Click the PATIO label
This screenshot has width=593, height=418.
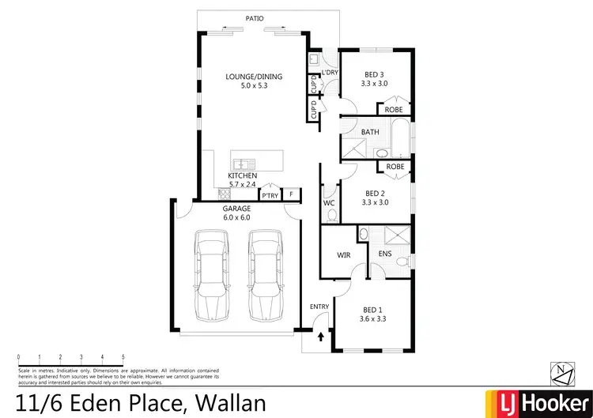[x=254, y=17]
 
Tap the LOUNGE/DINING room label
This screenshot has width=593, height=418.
[x=253, y=77]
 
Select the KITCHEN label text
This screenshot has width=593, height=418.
[x=243, y=175]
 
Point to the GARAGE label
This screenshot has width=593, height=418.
[x=236, y=209]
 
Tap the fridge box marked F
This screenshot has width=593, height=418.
[x=292, y=194]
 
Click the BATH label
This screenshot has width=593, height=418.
[x=369, y=132]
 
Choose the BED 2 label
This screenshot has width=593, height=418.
[x=375, y=192]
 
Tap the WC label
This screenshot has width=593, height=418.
[x=329, y=203]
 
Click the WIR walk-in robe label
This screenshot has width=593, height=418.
[x=343, y=255]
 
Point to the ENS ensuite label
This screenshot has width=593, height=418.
[x=385, y=254]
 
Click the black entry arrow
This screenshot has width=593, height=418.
[x=320, y=337]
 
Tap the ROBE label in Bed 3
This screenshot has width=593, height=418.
[x=394, y=109]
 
